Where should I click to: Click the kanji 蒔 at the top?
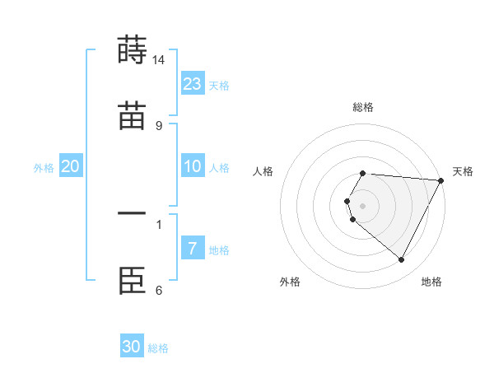click(132, 49)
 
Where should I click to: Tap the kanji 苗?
click(132, 116)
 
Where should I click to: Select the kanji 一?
click(132, 215)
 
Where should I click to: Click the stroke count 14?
click(159, 59)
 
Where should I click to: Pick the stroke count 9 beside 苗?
click(159, 126)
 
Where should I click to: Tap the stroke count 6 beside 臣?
click(159, 291)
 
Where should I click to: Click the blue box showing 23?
click(193, 84)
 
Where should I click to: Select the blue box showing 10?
click(193, 166)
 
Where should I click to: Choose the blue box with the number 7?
click(193, 249)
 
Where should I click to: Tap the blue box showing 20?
click(71, 166)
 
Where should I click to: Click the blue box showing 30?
click(132, 347)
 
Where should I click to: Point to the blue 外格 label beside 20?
click(44, 168)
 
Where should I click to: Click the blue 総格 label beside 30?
click(158, 348)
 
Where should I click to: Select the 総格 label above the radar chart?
click(363, 107)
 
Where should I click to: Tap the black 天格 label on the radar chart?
click(463, 171)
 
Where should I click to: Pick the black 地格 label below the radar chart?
click(431, 282)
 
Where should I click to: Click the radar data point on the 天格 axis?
click(441, 180)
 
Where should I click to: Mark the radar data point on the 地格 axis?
click(402, 260)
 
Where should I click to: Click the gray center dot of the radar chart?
click(363, 205)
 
